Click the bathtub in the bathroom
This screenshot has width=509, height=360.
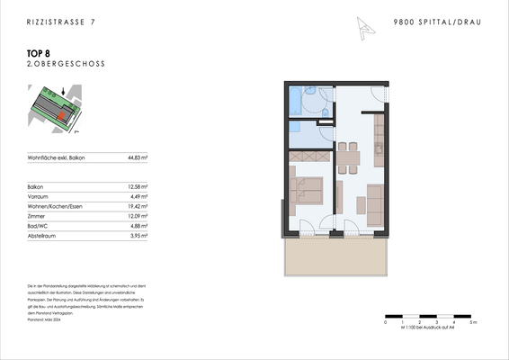298,102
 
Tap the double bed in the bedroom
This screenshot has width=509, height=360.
306,191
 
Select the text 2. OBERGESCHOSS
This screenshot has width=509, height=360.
55,66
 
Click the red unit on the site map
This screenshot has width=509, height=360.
61,114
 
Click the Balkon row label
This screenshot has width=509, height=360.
37,186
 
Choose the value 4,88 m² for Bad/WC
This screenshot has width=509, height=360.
138,226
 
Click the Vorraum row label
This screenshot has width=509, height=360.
40,196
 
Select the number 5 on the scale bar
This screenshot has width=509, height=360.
472,321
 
